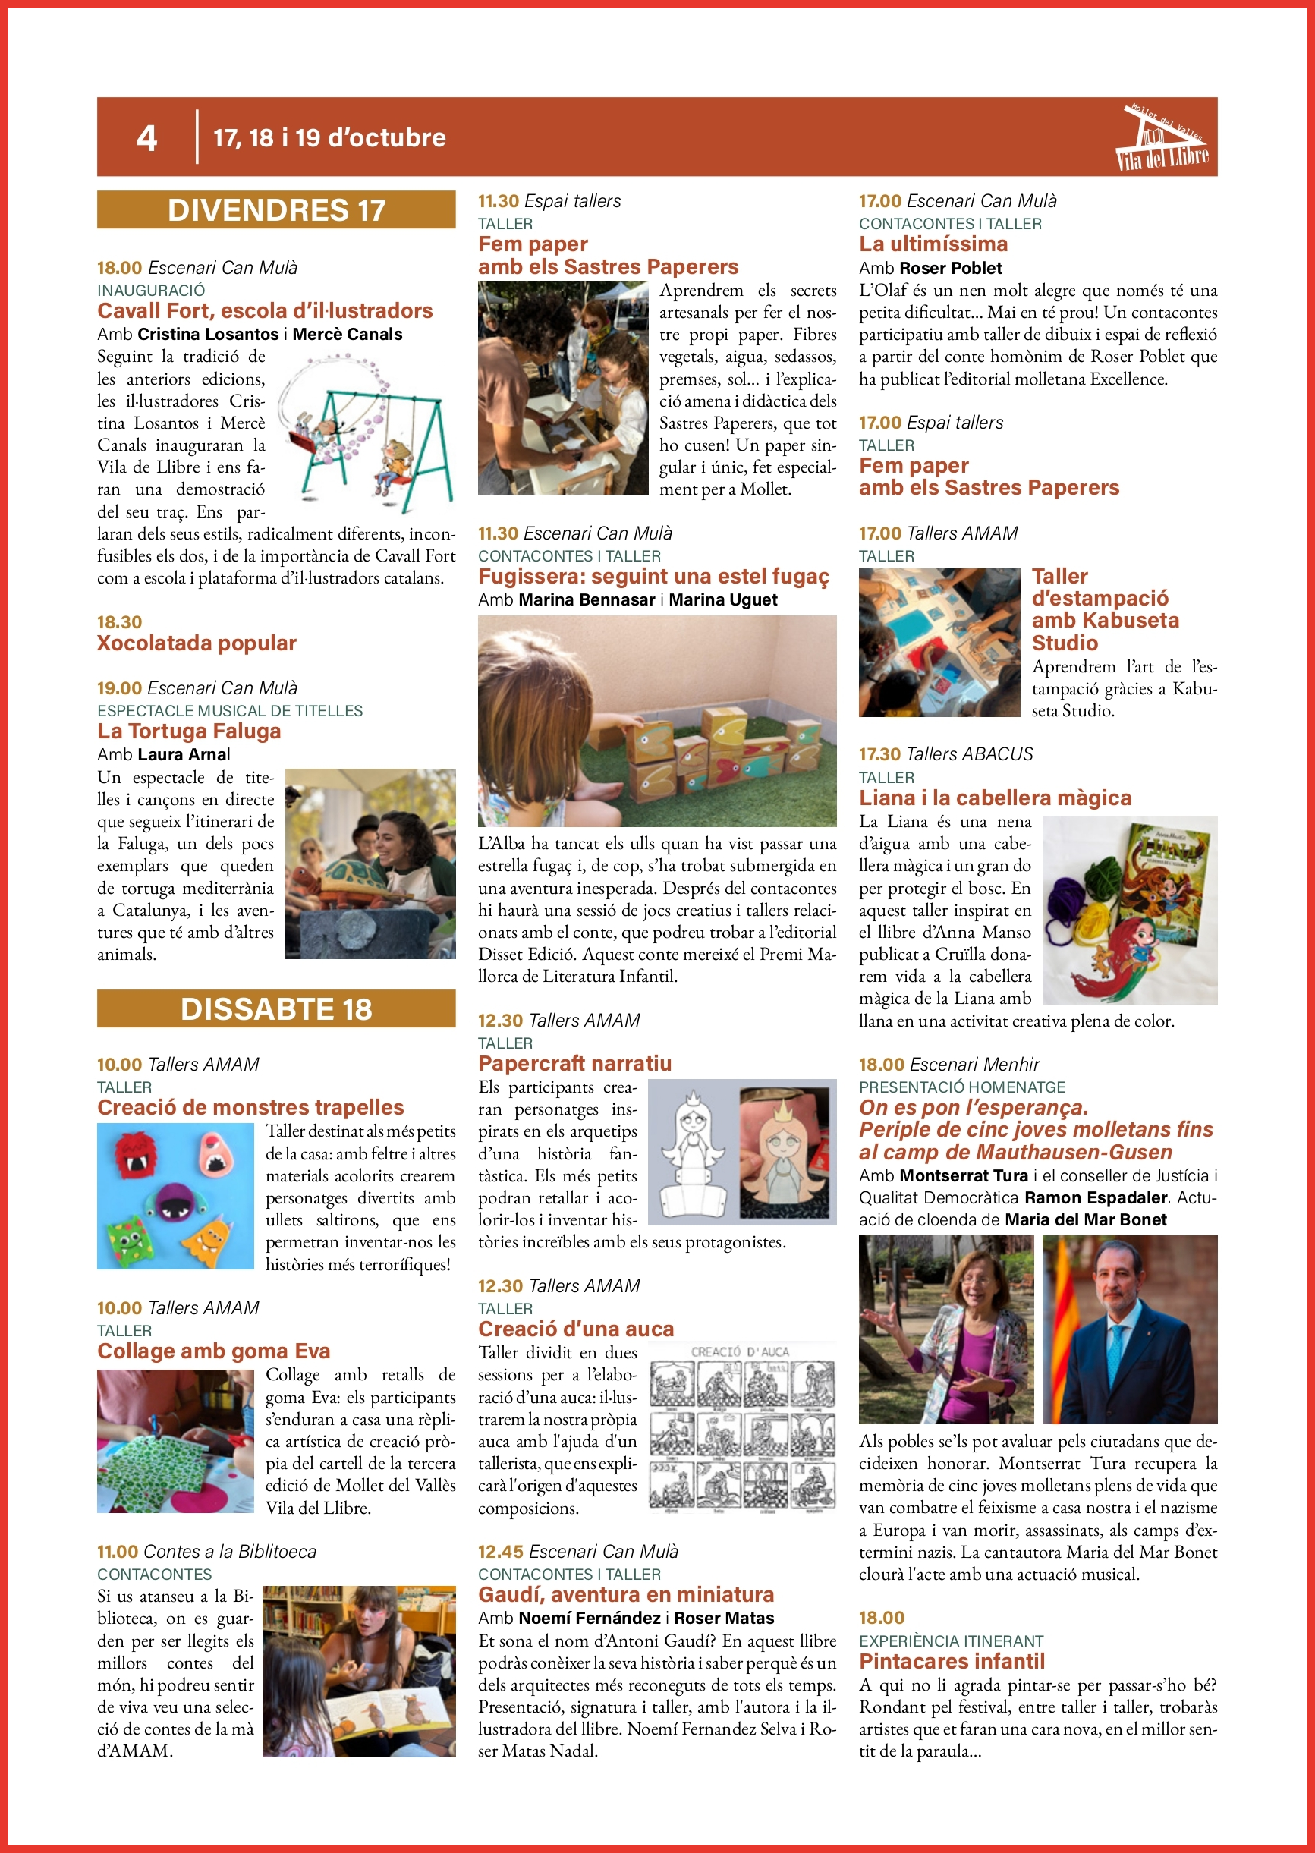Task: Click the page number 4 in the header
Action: pos(146,138)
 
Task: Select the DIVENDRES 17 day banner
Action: pos(276,209)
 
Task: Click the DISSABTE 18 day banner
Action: pos(276,1008)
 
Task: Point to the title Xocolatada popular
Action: pos(197,643)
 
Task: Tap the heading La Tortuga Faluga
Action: pos(189,731)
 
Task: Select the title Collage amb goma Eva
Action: pos(214,1351)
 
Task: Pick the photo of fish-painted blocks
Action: pos(656,720)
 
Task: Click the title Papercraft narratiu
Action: pos(575,1064)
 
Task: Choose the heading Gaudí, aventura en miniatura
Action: pos(626,1595)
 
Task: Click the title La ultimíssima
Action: pos(933,244)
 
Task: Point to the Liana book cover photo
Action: pos(1130,910)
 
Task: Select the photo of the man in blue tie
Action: pos(1130,1330)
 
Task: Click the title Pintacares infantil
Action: pos(952,1662)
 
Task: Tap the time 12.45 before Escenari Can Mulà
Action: pos(500,1552)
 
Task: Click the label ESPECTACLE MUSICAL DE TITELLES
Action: pos(230,711)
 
